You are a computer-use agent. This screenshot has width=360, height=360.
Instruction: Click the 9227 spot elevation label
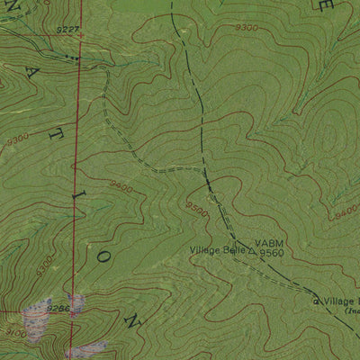coord(67,30)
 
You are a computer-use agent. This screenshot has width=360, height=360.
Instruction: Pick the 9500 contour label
coord(196,211)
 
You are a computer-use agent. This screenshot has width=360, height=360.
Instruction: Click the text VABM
coord(268,244)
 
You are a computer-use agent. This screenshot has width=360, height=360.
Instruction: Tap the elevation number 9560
coord(272,254)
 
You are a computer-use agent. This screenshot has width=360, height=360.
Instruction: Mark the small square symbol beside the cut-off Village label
coord(316,301)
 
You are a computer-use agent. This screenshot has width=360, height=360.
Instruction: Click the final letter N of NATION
coord(135,320)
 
